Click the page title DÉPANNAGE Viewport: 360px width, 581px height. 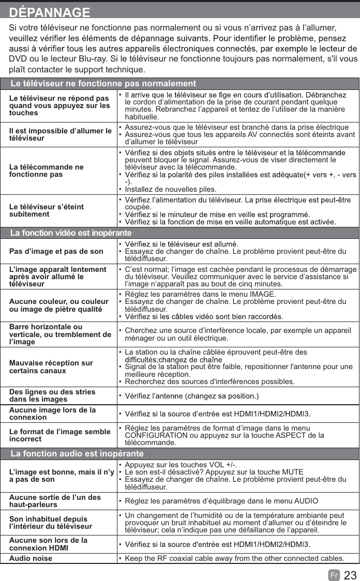[x=50, y=12]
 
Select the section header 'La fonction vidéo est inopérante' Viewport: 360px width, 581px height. [x=71, y=233]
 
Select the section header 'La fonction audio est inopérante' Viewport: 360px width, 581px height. [x=77, y=453]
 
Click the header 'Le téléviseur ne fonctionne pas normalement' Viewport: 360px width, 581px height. [x=103, y=84]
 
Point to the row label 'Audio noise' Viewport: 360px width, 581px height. [x=31, y=558]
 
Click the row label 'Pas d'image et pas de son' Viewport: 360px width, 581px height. [x=56, y=251]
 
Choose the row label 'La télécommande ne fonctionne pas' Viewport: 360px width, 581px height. [x=47, y=171]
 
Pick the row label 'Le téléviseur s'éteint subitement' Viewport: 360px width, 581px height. [x=47, y=210]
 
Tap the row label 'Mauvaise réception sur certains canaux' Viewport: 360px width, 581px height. [x=51, y=367]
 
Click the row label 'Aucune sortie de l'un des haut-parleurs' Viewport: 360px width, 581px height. [x=55, y=501]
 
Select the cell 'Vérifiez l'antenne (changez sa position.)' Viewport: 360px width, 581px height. [x=192, y=396]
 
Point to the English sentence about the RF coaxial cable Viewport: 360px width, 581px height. [x=234, y=558]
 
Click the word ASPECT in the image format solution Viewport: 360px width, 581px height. [x=286, y=435]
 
